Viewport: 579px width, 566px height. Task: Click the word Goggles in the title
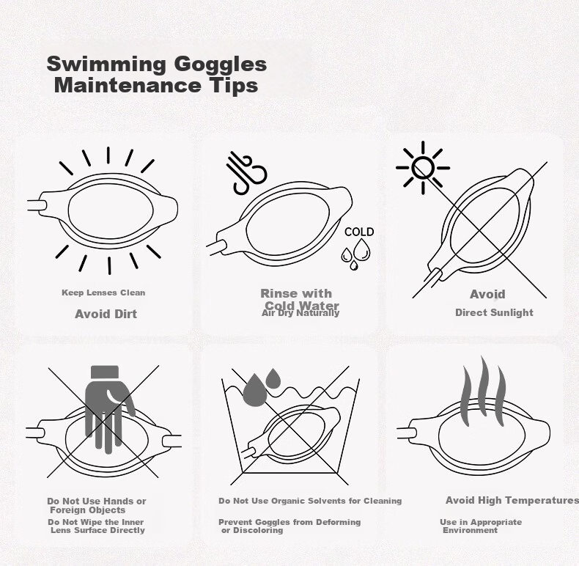220,65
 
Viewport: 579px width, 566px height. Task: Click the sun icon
423,168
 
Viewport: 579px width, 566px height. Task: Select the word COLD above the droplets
359,232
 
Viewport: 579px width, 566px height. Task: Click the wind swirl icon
246,172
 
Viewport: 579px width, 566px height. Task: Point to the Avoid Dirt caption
106,314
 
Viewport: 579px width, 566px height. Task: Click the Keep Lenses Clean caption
103,293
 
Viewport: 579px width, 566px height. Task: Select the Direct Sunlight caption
494,312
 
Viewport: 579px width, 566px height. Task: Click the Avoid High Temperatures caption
512,500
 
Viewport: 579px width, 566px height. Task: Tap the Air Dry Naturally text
300,313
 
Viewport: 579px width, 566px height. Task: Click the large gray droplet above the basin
255,389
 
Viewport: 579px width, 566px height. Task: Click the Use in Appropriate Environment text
481,526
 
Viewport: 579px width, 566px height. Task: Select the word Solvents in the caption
309,501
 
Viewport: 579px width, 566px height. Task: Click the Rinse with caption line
296,293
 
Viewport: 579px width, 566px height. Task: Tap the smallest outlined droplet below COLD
354,265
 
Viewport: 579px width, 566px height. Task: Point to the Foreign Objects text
88,510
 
